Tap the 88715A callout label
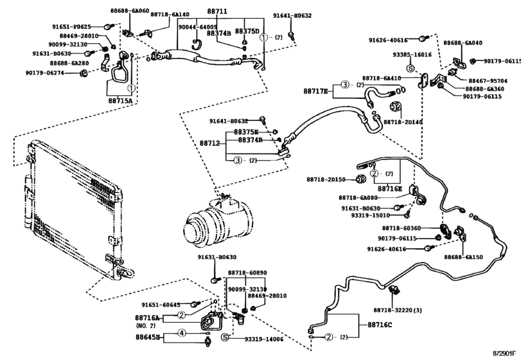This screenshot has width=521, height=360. [120, 100]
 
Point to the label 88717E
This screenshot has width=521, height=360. [316, 91]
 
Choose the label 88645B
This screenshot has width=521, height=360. [147, 336]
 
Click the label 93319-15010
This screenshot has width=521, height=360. [370, 215]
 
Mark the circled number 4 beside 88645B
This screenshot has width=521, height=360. [181, 333]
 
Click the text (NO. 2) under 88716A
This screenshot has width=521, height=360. [146, 326]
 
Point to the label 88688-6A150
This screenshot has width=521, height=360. [463, 256]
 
